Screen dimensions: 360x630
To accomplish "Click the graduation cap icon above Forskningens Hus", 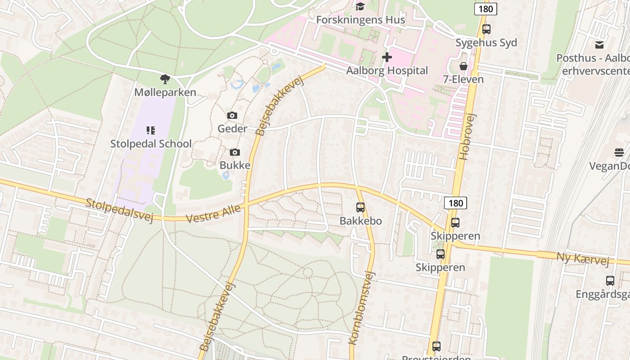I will [360, 6].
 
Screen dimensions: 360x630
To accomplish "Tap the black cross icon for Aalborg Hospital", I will [387, 57].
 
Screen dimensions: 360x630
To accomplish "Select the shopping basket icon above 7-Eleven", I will [463, 66].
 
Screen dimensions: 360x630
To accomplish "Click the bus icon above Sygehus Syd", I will [486, 29].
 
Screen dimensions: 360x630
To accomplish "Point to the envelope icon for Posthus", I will [599, 45].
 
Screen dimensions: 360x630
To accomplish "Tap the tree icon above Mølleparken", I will [165, 79].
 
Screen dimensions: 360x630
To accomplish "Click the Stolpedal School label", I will [151, 144].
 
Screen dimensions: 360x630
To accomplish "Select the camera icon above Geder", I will [232, 116].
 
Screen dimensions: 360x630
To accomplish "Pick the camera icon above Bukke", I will [234, 153].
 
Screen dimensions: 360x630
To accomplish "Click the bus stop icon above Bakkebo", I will [360, 207].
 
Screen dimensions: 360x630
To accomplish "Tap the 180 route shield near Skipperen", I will [455, 203].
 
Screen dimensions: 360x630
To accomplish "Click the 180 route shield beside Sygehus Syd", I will [486, 9].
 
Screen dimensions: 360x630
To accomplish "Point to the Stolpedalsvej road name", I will [119, 210].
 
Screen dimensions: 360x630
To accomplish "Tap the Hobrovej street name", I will [468, 136].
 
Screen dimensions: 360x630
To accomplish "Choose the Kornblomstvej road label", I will [362, 308].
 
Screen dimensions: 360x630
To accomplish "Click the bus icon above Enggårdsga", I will [610, 281].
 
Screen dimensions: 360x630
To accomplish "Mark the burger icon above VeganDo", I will [619, 153].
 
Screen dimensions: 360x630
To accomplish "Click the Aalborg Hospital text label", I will [387, 71].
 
